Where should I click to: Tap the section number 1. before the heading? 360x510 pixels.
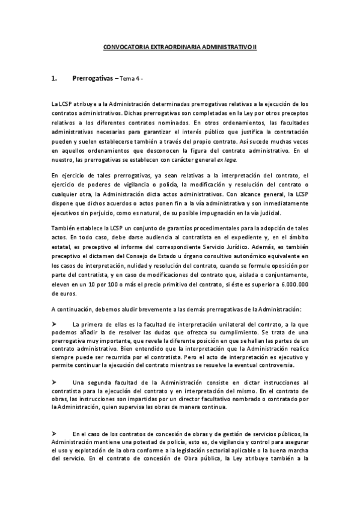54,78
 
